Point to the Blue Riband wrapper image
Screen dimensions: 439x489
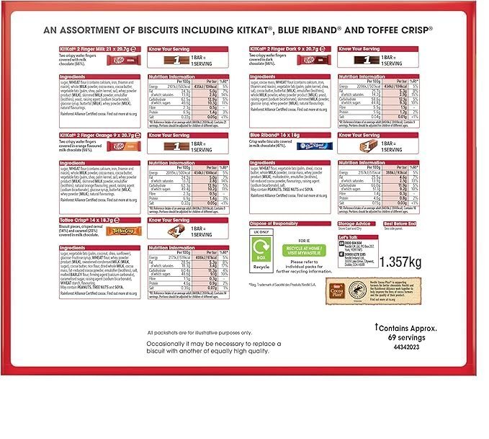(315, 146)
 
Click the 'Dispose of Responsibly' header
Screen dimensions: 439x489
(273, 224)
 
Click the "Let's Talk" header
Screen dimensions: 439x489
(348, 236)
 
